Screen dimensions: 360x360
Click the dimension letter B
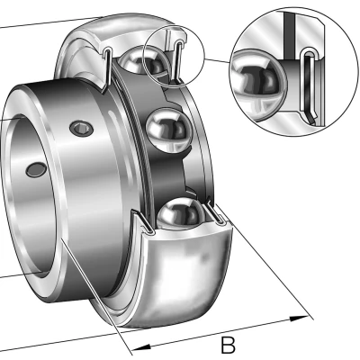228,345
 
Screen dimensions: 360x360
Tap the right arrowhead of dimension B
300,319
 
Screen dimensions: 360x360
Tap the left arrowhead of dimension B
141,347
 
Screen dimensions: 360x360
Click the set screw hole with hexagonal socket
81,129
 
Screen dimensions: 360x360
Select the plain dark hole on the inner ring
36,170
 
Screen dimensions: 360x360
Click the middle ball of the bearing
169,130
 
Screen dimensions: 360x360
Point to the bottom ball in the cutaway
181,214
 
